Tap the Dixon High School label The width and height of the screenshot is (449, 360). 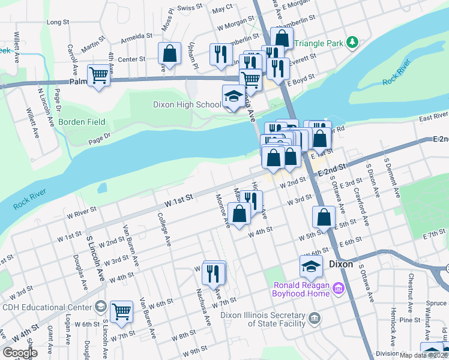pyautogui.click(x=186, y=105)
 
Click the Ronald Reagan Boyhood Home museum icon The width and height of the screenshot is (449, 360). pyautogui.click(x=338, y=289)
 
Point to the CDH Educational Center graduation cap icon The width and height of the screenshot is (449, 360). pyautogui.click(x=101, y=307)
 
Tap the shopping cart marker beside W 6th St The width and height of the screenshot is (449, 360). pyautogui.click(x=121, y=312)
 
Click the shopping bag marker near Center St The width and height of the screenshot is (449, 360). pyautogui.click(x=170, y=53)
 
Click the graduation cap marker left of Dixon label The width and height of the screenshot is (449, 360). pyautogui.click(x=311, y=265)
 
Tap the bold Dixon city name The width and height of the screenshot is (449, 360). pyautogui.click(x=341, y=264)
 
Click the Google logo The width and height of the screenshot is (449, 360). pyautogui.click(x=20, y=353)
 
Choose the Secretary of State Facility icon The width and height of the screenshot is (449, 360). pyautogui.click(x=314, y=317)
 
